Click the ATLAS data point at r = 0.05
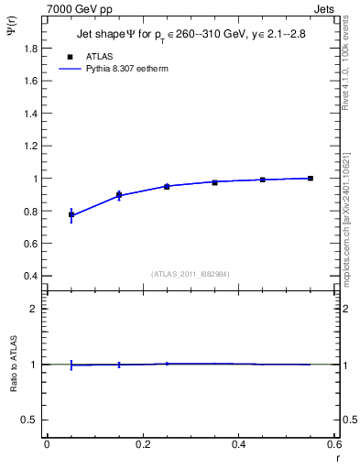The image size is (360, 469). tap(71, 214)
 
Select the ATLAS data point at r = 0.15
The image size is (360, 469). tap(119, 194)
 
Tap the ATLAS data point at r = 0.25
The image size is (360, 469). tap(167, 186)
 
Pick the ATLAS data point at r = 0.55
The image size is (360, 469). tap(311, 178)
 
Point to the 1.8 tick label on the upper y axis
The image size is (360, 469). tap(31, 48)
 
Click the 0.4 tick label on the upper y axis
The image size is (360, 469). tap(31, 276)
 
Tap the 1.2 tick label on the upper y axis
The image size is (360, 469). tap(31, 146)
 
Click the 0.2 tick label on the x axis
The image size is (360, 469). tap(142, 444)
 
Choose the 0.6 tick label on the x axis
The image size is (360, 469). tap(333, 444)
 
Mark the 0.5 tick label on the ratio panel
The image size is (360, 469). tap(32, 420)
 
